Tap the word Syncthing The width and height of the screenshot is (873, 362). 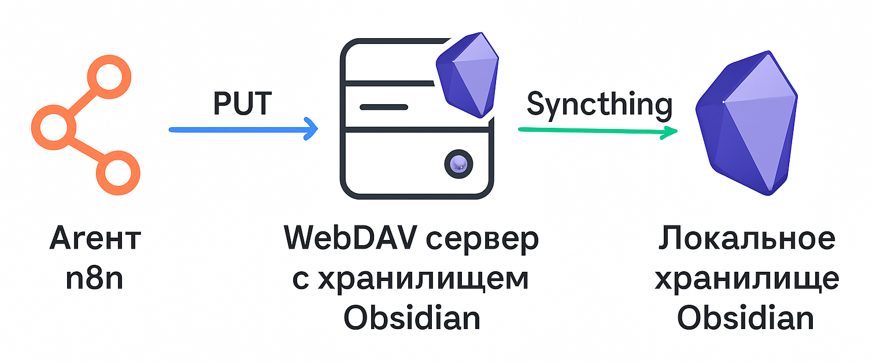pos(600,105)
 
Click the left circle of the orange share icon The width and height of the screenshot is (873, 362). pos(54,125)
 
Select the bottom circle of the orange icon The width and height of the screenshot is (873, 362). pos(119,173)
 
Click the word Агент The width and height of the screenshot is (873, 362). pos(95,239)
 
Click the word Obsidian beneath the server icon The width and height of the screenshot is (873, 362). pos(412,318)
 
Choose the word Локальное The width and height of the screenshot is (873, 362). pos(746,239)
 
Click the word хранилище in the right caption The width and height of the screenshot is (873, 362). pos(746,279)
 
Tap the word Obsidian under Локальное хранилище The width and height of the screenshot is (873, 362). pos(746,318)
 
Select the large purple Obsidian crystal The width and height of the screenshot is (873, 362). pos(746,124)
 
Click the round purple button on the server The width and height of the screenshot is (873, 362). pos(458,163)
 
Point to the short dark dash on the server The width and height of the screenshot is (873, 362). pos(384,107)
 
